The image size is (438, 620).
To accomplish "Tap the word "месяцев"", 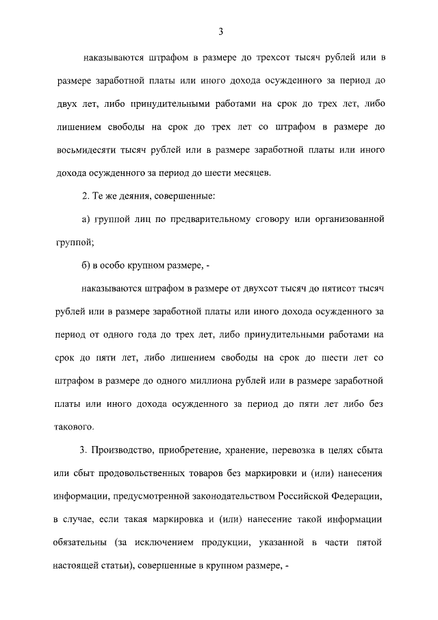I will point(253,172).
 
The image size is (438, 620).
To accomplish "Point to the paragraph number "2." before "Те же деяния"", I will point(86,197).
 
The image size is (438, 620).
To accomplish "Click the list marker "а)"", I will point(86,219).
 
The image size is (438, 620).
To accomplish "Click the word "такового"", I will point(73,426).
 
